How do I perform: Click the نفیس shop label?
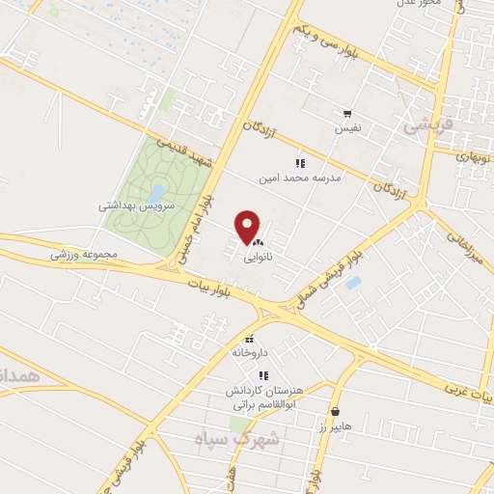(x=348, y=127)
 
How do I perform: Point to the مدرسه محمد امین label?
(x=300, y=178)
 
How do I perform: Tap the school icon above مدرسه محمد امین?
(x=300, y=163)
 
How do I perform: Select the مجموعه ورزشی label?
(x=84, y=254)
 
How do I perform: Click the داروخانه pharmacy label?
(x=249, y=352)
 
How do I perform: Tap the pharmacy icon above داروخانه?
(x=250, y=339)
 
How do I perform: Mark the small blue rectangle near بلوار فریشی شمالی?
(x=353, y=283)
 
